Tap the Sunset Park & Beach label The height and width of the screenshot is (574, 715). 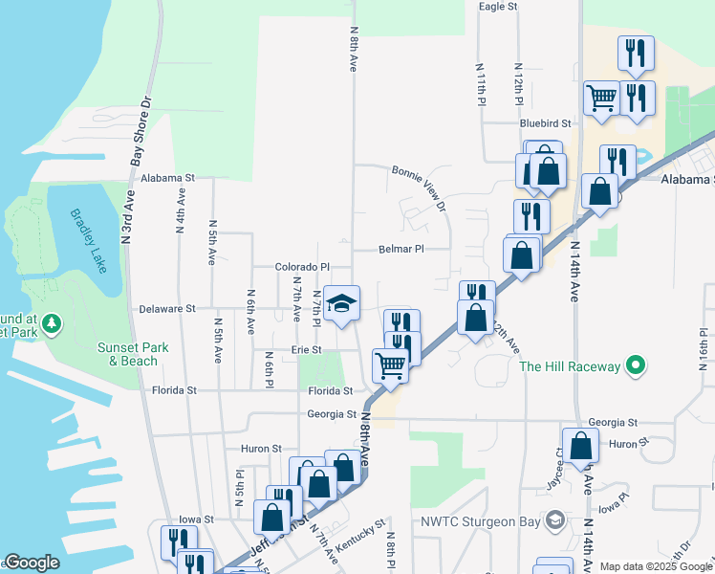point(128,354)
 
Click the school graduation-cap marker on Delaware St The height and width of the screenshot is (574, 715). point(341,304)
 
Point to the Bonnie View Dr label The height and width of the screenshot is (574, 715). point(419,187)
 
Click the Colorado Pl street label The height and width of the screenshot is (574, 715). point(301,268)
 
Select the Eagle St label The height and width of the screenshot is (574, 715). point(497,7)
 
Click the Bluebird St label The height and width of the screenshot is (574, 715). point(545,123)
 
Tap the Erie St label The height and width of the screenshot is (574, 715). point(307,350)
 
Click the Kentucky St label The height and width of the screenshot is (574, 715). point(365,536)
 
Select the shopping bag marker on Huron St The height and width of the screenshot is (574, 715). point(581,445)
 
